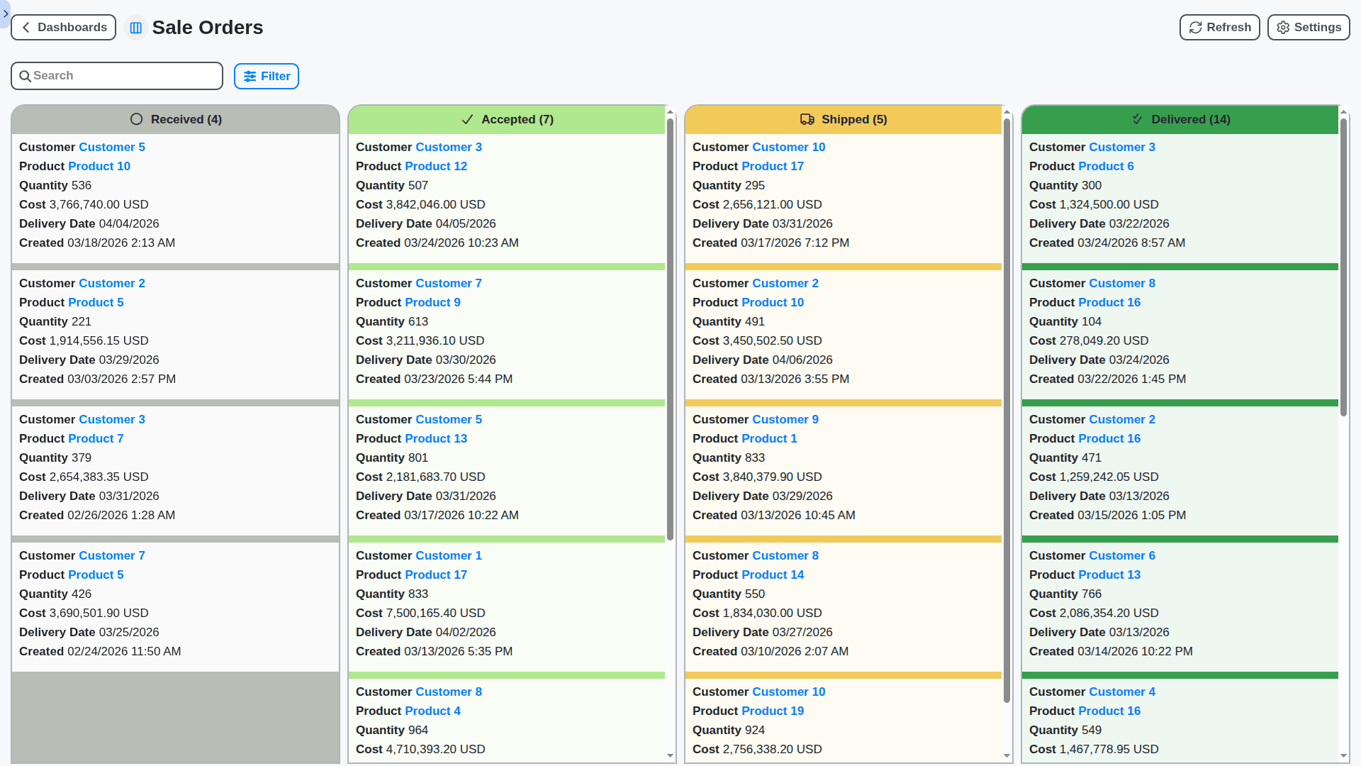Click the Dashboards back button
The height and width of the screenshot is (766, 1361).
64,28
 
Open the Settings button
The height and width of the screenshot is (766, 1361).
1308,28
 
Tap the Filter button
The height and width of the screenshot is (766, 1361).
267,77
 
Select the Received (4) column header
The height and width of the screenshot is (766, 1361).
176,120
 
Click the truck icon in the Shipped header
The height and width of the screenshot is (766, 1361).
807,120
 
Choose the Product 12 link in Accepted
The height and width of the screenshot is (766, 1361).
440,167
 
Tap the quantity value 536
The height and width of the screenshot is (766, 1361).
81,186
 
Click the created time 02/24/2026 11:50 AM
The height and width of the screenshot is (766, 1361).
124,652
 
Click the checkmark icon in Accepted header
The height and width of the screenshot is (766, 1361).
467,120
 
